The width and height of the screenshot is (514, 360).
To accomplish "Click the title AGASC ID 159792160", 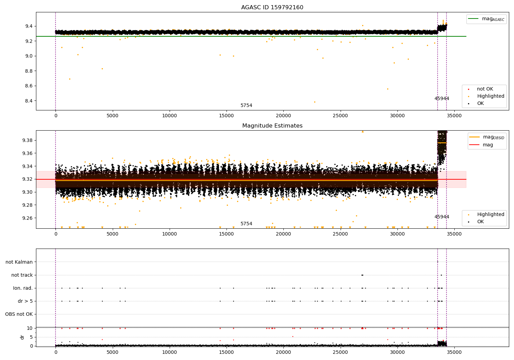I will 272,8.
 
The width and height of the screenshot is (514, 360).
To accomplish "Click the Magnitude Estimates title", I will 272,126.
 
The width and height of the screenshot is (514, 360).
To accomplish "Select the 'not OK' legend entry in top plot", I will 485,89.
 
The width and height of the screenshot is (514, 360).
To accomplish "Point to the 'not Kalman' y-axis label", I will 19,262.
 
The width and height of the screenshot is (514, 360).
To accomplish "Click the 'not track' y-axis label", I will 22,275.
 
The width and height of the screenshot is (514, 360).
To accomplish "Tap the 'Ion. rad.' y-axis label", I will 23,288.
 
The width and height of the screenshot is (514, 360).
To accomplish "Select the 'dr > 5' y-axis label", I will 25,301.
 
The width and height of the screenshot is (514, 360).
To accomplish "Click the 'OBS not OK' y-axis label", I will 19,314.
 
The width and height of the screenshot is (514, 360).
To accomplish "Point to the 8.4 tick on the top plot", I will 29,101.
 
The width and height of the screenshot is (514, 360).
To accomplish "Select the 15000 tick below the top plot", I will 227,116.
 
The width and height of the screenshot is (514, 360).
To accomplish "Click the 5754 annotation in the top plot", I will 246,106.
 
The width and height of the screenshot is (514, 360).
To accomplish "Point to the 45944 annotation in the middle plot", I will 442,217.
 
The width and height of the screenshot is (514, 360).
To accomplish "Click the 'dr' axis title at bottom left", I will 22,337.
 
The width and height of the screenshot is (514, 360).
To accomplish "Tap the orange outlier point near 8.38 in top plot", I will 315,102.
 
